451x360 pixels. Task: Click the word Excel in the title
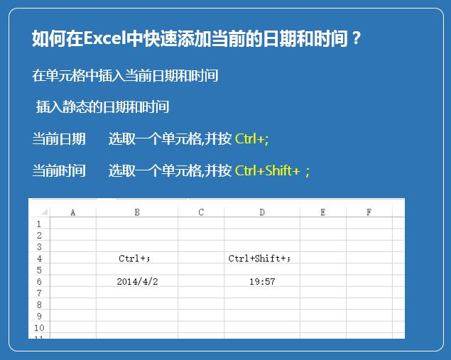[x=104, y=38]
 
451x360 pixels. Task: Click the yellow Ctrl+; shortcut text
[x=251, y=139]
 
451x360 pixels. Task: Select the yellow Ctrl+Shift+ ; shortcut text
[x=272, y=171]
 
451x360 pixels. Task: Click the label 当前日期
[x=59, y=139]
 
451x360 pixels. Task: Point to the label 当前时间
[x=59, y=171]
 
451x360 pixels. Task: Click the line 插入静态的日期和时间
[x=102, y=107]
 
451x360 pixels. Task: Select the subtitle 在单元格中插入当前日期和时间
[x=125, y=76]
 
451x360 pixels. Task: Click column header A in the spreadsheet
[x=73, y=212]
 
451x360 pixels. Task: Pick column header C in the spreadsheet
[x=201, y=212]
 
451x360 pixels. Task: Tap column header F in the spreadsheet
[x=369, y=212]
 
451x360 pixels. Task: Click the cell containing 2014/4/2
[x=137, y=281]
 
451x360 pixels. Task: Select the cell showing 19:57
[x=262, y=281]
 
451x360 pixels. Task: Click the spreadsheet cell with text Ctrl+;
[x=137, y=258]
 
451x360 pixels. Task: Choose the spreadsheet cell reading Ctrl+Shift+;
[x=262, y=258]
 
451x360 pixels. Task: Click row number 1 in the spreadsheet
[x=39, y=224]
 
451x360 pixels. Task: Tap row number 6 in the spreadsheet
[x=39, y=281]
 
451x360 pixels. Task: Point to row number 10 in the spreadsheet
[x=39, y=327]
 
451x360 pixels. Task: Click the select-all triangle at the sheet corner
[x=45, y=213]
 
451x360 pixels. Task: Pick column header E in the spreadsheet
[x=323, y=212]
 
